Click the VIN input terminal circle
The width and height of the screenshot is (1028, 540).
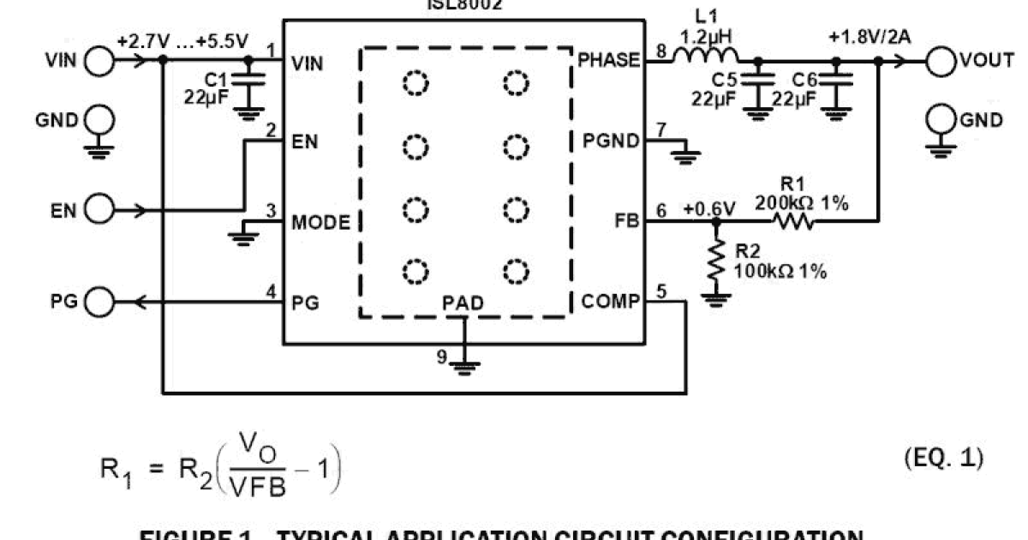[99, 61]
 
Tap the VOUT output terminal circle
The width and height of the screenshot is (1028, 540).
[942, 61]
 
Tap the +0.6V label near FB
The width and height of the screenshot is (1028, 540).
[709, 207]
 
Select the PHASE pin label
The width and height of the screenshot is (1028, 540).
[608, 60]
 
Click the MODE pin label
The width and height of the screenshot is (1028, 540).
[320, 223]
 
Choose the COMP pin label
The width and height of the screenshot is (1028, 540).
[610, 302]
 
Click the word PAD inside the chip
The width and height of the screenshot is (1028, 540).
[463, 303]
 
